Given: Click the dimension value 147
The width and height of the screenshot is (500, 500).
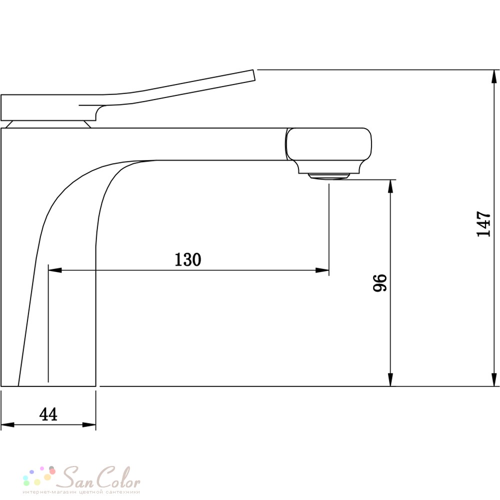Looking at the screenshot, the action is pyautogui.click(x=483, y=223).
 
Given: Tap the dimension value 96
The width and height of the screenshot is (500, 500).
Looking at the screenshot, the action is pyautogui.click(x=380, y=282).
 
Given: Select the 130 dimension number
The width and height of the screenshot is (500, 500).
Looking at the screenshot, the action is pyautogui.click(x=188, y=259).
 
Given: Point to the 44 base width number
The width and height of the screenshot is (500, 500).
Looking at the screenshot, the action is pyautogui.click(x=48, y=414).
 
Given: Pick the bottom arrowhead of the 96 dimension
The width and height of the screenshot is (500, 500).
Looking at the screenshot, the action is pyautogui.click(x=390, y=379).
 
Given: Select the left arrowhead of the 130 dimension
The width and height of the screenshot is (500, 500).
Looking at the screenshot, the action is pyautogui.click(x=55, y=270).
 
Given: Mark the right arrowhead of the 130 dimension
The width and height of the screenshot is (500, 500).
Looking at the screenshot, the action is pyautogui.click(x=322, y=270).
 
